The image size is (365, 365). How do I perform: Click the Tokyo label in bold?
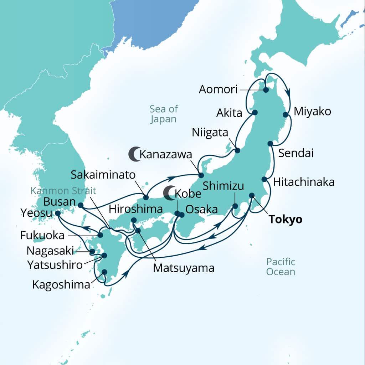[x=285, y=219]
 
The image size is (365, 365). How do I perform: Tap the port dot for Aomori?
[x=266, y=90]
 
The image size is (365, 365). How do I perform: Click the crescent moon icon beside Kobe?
[x=169, y=192]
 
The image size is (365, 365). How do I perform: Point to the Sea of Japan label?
[x=164, y=114]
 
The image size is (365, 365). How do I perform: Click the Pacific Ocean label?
[x=281, y=267]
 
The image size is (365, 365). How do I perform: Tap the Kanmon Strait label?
[x=63, y=190]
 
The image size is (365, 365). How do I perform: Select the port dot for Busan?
[x=81, y=205]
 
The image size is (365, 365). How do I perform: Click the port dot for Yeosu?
[x=58, y=214]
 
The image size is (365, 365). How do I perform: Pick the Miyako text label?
[x=312, y=112]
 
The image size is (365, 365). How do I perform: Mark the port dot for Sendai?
[x=270, y=144]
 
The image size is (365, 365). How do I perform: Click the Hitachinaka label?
[x=304, y=182]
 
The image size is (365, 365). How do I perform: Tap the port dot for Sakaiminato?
[x=146, y=197]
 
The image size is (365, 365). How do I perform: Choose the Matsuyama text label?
[x=184, y=268]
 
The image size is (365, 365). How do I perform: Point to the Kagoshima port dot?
[x=104, y=272]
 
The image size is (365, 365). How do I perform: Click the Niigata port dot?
[x=238, y=150]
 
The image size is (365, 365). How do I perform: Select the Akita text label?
[x=229, y=113]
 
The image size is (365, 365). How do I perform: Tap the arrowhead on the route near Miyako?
[x=288, y=93]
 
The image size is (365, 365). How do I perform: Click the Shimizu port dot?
[x=235, y=206]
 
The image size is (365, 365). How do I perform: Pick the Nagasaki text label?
[x=50, y=251]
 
